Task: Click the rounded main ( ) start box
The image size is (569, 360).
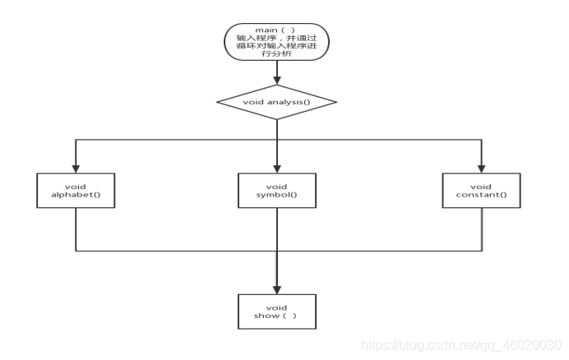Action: pyautogui.click(x=277, y=43)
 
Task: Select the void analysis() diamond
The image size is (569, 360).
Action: pyautogui.click(x=277, y=103)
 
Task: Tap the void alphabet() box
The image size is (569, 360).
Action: pyautogui.click(x=75, y=190)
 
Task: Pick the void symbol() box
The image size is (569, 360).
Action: pyautogui.click(x=277, y=190)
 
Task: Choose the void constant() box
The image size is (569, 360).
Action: pyautogui.click(x=481, y=190)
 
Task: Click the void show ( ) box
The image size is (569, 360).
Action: pyautogui.click(x=277, y=310)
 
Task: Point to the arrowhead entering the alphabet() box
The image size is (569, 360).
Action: pyautogui.click(x=75, y=168)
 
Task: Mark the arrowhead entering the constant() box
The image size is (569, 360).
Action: pyautogui.click(x=481, y=168)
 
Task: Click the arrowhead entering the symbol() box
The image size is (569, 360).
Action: pyautogui.click(x=277, y=168)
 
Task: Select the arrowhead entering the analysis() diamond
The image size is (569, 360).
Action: pyautogui.click(x=277, y=81)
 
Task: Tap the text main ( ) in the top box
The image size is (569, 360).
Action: pyautogui.click(x=276, y=30)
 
